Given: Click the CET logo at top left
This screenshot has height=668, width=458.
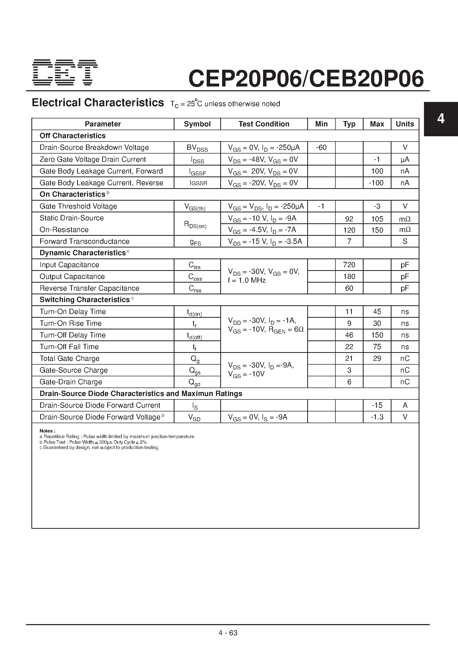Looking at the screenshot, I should [65, 72].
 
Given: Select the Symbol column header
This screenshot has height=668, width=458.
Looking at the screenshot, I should [197, 124].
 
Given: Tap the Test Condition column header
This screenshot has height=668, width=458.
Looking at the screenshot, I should [264, 124].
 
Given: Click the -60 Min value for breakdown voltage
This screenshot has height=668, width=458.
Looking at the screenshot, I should [321, 147].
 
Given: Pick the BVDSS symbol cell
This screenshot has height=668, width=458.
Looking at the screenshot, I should [197, 148].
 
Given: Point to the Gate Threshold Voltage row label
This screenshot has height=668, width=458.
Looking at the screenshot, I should [78, 206].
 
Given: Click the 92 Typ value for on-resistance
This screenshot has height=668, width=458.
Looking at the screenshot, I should [349, 219].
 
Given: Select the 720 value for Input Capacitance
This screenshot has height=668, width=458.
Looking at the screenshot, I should [349, 265].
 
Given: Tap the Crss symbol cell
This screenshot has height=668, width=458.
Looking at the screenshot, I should [195, 288].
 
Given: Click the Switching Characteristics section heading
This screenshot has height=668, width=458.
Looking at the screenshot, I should [85, 300].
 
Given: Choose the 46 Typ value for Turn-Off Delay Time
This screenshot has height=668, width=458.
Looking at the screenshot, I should [349, 335].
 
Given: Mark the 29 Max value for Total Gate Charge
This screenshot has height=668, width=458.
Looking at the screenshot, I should [377, 358].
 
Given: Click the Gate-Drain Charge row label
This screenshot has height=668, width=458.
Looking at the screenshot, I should [71, 382].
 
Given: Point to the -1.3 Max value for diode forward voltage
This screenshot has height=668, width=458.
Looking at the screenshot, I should [377, 417].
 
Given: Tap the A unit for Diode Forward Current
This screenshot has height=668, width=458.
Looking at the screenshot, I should [405, 405].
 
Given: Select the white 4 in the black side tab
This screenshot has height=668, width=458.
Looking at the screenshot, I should [440, 118].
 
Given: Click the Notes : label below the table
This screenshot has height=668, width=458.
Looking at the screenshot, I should [47, 431].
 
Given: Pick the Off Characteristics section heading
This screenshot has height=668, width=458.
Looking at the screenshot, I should [72, 136].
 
